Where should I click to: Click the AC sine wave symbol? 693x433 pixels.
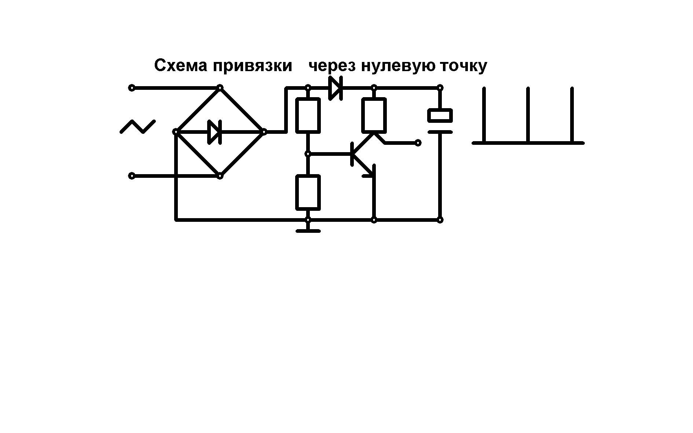point(138,126)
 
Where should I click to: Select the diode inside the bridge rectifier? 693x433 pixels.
point(214,132)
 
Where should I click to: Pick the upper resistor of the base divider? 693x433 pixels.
point(308,115)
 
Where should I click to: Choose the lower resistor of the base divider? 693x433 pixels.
point(308,192)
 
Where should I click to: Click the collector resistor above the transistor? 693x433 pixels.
point(374,115)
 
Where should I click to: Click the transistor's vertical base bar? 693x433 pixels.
point(352,154)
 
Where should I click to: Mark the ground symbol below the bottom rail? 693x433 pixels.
point(308,231)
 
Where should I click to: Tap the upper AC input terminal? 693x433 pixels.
point(132,88)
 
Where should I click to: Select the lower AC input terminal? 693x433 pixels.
point(132,176)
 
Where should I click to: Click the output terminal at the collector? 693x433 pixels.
point(418,143)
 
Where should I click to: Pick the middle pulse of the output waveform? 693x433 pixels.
point(528,115)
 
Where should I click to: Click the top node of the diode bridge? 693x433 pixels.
point(220,88)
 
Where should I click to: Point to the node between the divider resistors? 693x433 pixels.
point(308,154)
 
